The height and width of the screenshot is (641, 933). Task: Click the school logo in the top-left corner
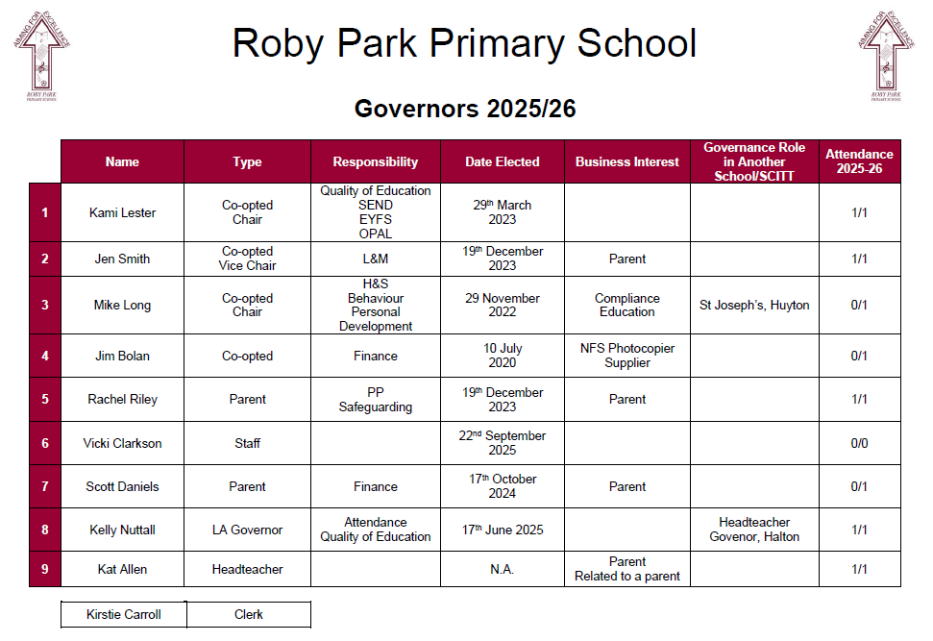[43, 59]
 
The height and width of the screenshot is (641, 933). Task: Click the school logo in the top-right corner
[885, 59]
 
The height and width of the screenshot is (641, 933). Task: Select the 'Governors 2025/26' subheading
[465, 109]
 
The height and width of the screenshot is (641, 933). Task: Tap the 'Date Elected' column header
[503, 161]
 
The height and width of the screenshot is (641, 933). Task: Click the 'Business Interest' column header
[627, 161]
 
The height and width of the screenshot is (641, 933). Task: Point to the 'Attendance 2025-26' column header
[859, 161]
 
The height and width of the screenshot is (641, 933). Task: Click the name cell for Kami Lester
[122, 212]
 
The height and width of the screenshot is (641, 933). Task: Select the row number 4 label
[44, 356]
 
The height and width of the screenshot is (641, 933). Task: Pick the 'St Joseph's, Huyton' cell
[754, 306]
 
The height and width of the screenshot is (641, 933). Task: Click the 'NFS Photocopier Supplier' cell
[627, 356]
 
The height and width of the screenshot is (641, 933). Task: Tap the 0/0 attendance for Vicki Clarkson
[859, 443]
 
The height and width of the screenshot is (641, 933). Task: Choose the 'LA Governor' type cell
[247, 530]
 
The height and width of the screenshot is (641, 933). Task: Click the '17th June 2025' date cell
[503, 530]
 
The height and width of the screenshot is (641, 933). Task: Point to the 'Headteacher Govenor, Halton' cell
[754, 530]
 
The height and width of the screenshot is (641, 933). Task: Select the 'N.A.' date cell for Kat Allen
[503, 569]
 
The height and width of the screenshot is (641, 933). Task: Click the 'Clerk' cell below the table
[248, 614]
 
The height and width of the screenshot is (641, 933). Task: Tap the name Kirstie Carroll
[124, 614]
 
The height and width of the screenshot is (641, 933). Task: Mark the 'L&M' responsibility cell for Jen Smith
[375, 259]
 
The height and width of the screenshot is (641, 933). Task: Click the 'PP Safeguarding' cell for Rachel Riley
[375, 399]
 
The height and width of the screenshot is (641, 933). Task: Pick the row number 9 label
[44, 569]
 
